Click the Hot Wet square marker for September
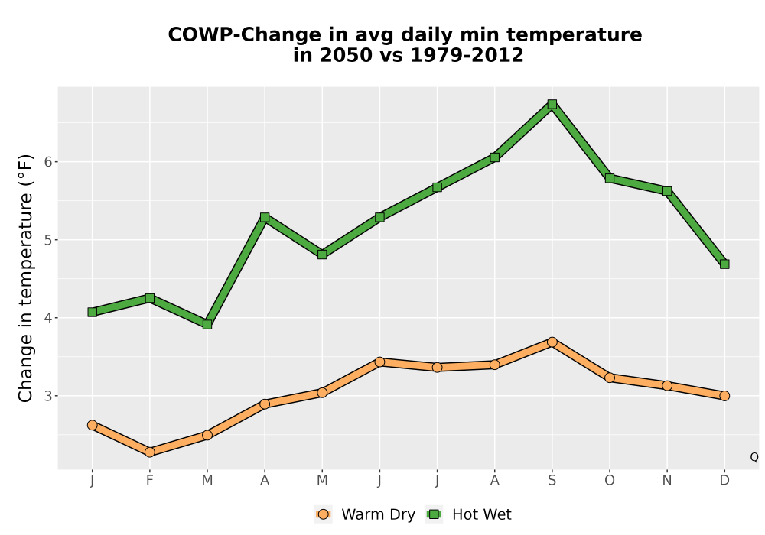pos(552,104)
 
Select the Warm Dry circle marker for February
pos(150,452)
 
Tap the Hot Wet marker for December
pos(724,264)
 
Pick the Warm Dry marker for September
pos(552,342)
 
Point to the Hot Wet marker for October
pos(610,178)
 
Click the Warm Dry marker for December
pos(724,396)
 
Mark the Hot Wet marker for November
pos(667,191)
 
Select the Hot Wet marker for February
pos(150,298)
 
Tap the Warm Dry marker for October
pos(610,378)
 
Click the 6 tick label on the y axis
pos(47,162)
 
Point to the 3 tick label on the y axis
pos(47,396)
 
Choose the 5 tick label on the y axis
pos(47,240)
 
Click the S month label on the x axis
pos(552,481)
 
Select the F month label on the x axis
pos(150,481)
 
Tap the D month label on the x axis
pos(724,481)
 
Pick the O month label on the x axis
pos(610,481)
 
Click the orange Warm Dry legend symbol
pos(323,514)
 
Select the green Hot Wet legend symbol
pos(434,514)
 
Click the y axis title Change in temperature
pos(25,278)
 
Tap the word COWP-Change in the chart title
pos(245,35)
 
